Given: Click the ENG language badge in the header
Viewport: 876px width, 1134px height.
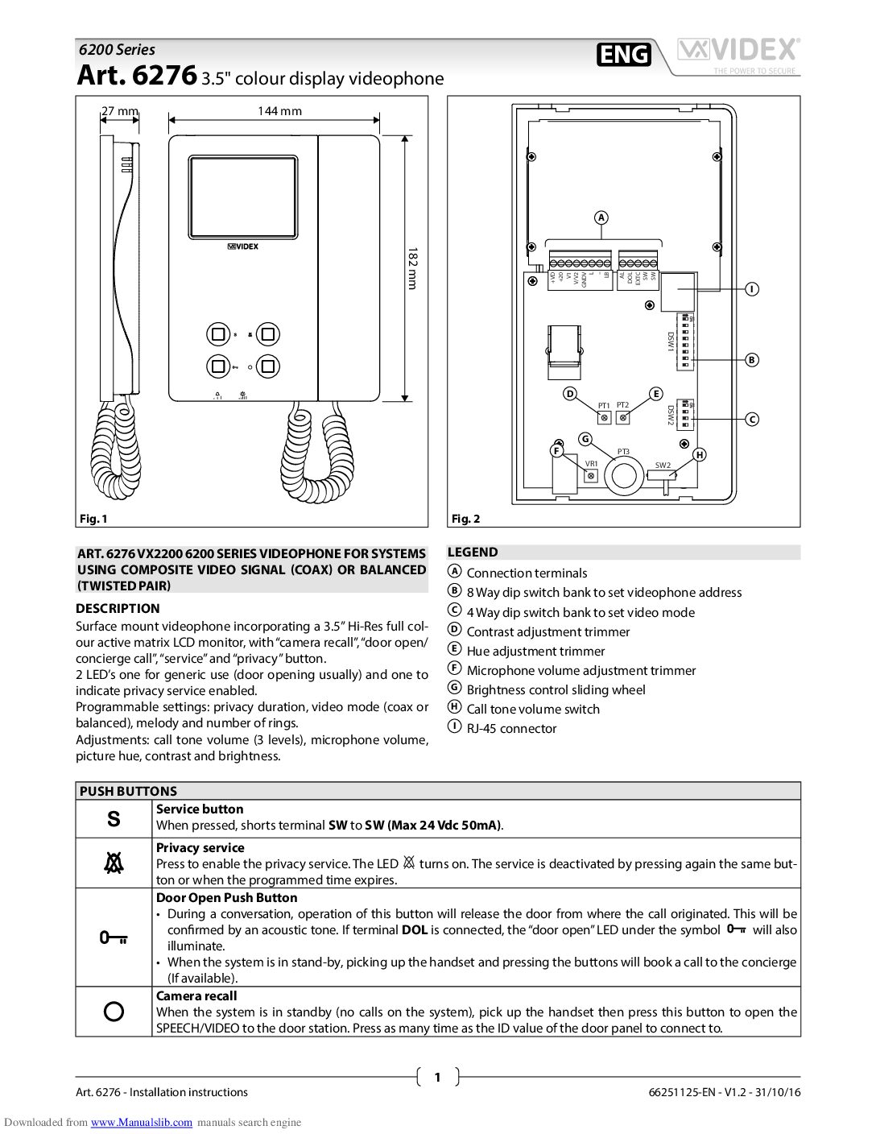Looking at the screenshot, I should [624, 54].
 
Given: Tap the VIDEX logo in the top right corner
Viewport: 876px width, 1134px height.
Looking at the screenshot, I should [738, 52].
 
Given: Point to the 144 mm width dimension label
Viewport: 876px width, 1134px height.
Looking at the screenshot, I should [279, 111].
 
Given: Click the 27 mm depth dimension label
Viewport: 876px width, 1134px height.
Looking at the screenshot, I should [119, 111].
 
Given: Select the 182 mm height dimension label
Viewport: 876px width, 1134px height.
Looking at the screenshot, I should [411, 268].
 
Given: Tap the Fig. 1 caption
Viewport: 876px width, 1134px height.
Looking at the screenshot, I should [93, 519].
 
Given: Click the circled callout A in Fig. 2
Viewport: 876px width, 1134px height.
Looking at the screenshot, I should [601, 217].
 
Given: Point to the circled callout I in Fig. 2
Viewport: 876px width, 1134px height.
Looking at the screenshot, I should [751, 289].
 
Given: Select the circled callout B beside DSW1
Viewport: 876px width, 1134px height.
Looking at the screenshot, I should [751, 360].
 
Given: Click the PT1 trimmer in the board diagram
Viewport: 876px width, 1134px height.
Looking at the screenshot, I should [604, 417].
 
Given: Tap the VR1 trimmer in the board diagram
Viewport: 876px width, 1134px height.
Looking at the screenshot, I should [591, 476].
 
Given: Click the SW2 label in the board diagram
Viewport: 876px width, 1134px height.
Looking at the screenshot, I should [662, 466].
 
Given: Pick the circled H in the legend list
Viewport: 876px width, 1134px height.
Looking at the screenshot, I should [454, 708].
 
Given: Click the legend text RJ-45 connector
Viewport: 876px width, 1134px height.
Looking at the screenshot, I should [511, 728].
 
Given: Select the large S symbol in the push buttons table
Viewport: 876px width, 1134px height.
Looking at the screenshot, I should [114, 819].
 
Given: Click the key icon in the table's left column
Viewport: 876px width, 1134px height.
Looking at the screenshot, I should [114, 937].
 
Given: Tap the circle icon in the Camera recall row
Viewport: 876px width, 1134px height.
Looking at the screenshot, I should [114, 1012].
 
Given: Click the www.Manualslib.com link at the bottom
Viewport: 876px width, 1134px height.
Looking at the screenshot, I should [142, 1122].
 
